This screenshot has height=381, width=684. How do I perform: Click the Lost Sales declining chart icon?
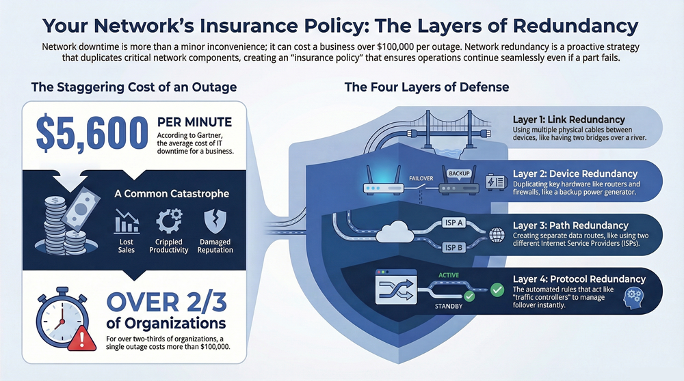[126, 222]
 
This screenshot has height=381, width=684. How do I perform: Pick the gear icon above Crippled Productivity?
[168, 222]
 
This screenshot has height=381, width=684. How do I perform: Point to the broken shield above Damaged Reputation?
[214, 222]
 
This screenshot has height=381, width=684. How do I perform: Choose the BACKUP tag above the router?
[459, 173]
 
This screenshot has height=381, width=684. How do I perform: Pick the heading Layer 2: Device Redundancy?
[575, 174]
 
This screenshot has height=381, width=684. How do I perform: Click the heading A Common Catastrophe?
[172, 193]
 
